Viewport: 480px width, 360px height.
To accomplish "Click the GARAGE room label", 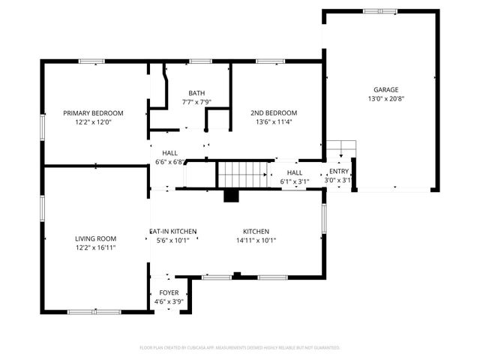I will point(381,89).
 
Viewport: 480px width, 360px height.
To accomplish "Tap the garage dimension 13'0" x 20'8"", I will point(381,98).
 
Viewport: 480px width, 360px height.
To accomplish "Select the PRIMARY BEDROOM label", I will point(93,113).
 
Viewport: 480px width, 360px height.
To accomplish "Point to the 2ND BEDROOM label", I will point(274,113).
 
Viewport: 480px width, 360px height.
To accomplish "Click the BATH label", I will point(196,93).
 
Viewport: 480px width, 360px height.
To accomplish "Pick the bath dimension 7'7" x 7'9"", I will point(196,102).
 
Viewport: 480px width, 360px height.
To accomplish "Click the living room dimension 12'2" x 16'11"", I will point(94,247).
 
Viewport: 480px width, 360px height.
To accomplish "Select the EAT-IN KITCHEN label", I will point(173,232).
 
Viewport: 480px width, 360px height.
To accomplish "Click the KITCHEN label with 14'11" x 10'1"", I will point(256,232).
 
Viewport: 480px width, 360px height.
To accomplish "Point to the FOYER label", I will point(169,292).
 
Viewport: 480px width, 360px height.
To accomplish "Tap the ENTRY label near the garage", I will point(339,172).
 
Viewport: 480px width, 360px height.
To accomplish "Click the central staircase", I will point(242,174).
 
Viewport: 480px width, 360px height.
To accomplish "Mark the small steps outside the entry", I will point(339,148).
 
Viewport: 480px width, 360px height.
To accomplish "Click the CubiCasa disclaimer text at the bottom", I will point(240,348).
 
